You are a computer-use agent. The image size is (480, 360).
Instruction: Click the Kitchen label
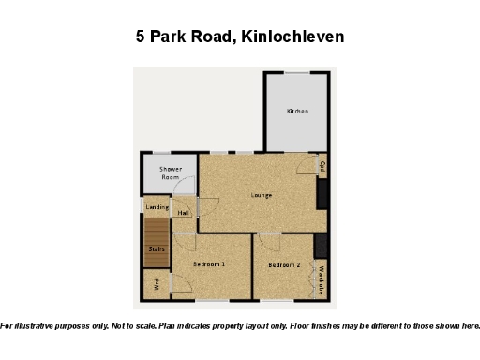297,112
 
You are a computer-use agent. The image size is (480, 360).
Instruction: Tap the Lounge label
262,195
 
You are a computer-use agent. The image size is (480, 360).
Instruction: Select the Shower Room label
170,172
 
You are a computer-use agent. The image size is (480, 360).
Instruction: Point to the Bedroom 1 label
209,264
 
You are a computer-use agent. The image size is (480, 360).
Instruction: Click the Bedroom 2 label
284,265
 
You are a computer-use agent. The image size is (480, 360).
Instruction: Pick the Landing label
157,207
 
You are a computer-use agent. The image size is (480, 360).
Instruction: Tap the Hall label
184,213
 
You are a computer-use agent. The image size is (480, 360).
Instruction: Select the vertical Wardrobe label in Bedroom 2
321,280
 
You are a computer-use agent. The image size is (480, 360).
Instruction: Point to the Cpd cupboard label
322,167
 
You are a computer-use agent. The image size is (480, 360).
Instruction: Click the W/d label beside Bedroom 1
157,284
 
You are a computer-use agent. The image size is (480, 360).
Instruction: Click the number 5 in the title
141,37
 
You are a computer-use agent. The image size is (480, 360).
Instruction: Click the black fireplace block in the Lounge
323,194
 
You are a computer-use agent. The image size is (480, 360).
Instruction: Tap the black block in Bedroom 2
321,246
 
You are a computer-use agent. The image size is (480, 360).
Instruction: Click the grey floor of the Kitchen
297,131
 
